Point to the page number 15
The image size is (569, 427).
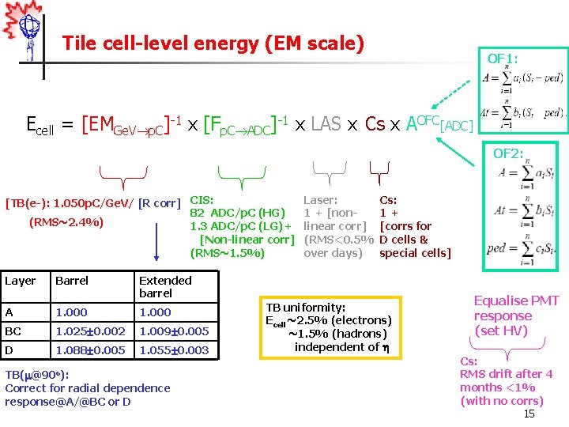pyautogui.click(x=529, y=414)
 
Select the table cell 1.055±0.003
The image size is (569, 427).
pyautogui.click(x=173, y=350)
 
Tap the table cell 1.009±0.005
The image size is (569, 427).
pyautogui.click(x=173, y=331)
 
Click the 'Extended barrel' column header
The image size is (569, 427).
pyautogui.click(x=165, y=286)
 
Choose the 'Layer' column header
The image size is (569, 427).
pyautogui.click(x=21, y=280)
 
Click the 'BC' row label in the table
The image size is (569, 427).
pyautogui.click(x=13, y=331)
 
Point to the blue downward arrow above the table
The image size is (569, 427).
pyautogui.click(x=157, y=239)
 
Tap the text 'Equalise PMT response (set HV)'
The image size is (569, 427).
pyautogui.click(x=516, y=316)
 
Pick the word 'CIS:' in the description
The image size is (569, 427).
pyautogui.click(x=202, y=201)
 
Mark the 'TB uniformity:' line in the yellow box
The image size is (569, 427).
pyautogui.click(x=305, y=307)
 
